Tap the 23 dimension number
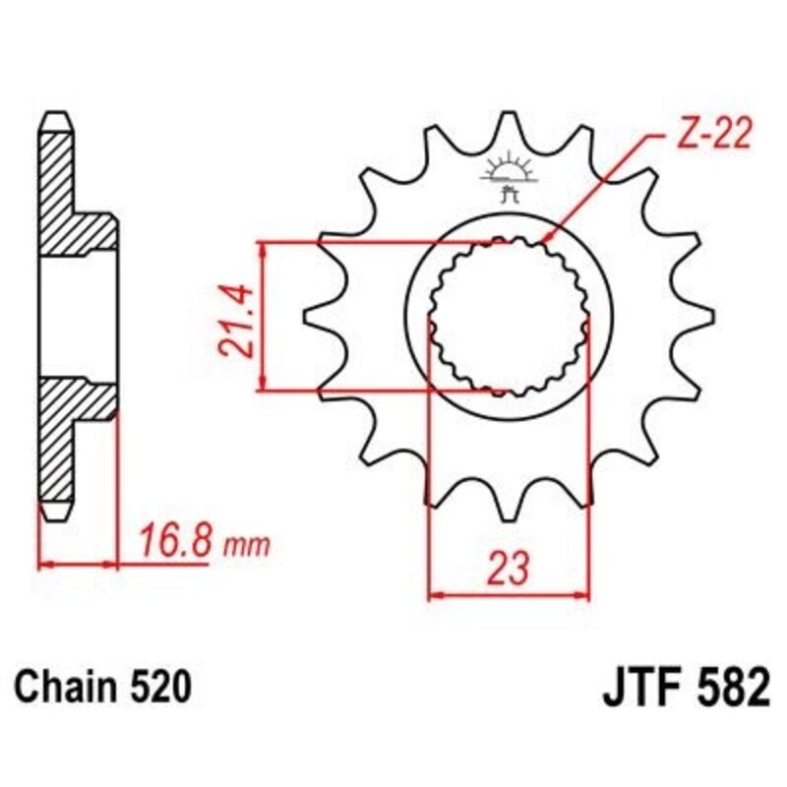[x=510, y=568]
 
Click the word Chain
[x=69, y=686]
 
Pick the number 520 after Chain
[x=156, y=686]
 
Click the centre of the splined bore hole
[x=509, y=317]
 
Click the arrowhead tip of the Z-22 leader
[x=543, y=242]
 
